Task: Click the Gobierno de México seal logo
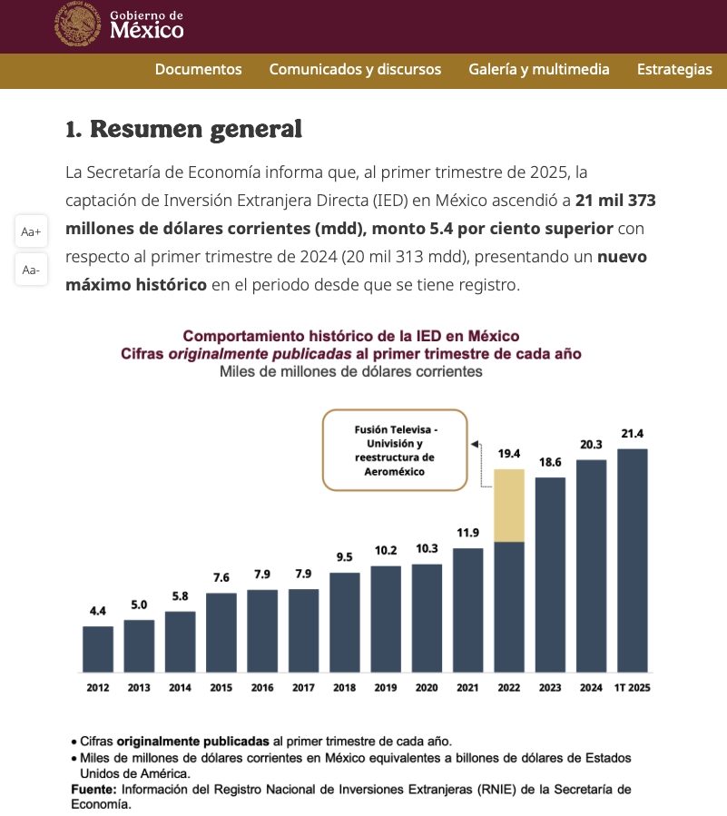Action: click(x=77, y=24)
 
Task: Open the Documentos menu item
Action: click(x=198, y=69)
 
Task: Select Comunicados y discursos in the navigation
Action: click(x=355, y=69)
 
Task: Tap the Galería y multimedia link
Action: click(x=538, y=69)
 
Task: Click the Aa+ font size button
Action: click(x=31, y=231)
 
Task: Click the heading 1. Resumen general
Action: click(x=183, y=129)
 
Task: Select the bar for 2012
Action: click(x=98, y=649)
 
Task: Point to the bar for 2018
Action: click(x=345, y=623)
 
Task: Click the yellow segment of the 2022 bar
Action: click(x=509, y=506)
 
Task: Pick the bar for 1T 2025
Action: click(x=633, y=560)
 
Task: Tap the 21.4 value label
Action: click(x=633, y=434)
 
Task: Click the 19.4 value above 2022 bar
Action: click(x=509, y=454)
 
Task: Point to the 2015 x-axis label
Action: click(x=221, y=687)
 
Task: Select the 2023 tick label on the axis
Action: click(x=550, y=687)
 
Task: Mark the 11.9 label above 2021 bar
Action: click(x=467, y=533)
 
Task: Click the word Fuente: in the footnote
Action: click(x=94, y=790)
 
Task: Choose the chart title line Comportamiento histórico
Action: click(x=350, y=336)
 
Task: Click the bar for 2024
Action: click(x=591, y=566)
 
